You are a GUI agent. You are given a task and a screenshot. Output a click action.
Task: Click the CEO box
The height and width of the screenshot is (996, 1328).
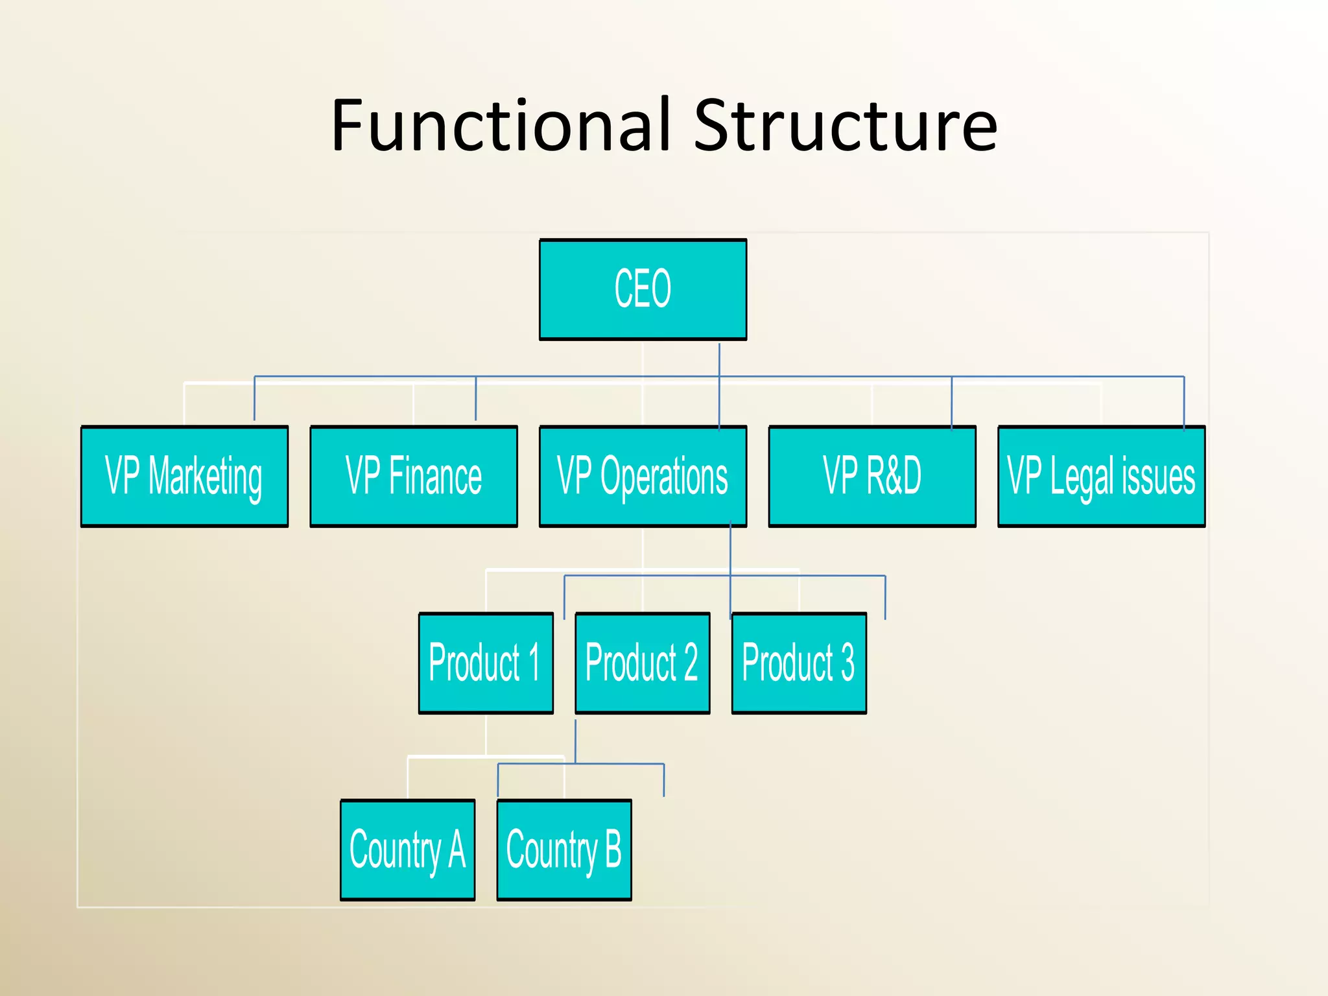643,289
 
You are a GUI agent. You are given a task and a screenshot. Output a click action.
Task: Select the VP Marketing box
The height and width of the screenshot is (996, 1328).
184,476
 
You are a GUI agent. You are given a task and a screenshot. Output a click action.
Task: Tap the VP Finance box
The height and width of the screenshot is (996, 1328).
414,476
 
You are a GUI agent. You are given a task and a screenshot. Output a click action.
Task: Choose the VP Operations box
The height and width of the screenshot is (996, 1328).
643,476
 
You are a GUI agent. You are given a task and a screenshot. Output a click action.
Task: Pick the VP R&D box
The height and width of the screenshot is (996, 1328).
872,476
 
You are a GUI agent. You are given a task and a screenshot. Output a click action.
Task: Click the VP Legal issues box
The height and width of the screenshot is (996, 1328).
1101,476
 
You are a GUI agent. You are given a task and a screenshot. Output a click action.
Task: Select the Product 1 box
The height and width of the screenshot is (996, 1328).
486,663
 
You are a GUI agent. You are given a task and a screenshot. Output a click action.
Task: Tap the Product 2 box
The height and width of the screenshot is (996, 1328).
642,663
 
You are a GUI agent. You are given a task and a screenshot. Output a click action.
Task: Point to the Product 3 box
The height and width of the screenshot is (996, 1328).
799,663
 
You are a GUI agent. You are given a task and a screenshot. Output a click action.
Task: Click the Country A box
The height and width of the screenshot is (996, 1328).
408,849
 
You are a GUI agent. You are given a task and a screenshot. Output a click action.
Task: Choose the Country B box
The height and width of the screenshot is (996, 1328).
564,849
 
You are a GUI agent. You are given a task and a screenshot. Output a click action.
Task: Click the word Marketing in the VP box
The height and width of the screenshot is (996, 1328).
205,477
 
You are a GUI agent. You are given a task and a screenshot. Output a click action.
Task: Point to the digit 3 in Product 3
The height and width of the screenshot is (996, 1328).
847,663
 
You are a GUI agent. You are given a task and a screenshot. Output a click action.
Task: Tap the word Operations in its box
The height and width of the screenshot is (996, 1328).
664,477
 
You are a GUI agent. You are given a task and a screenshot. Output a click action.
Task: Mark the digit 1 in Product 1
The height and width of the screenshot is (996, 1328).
534,663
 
